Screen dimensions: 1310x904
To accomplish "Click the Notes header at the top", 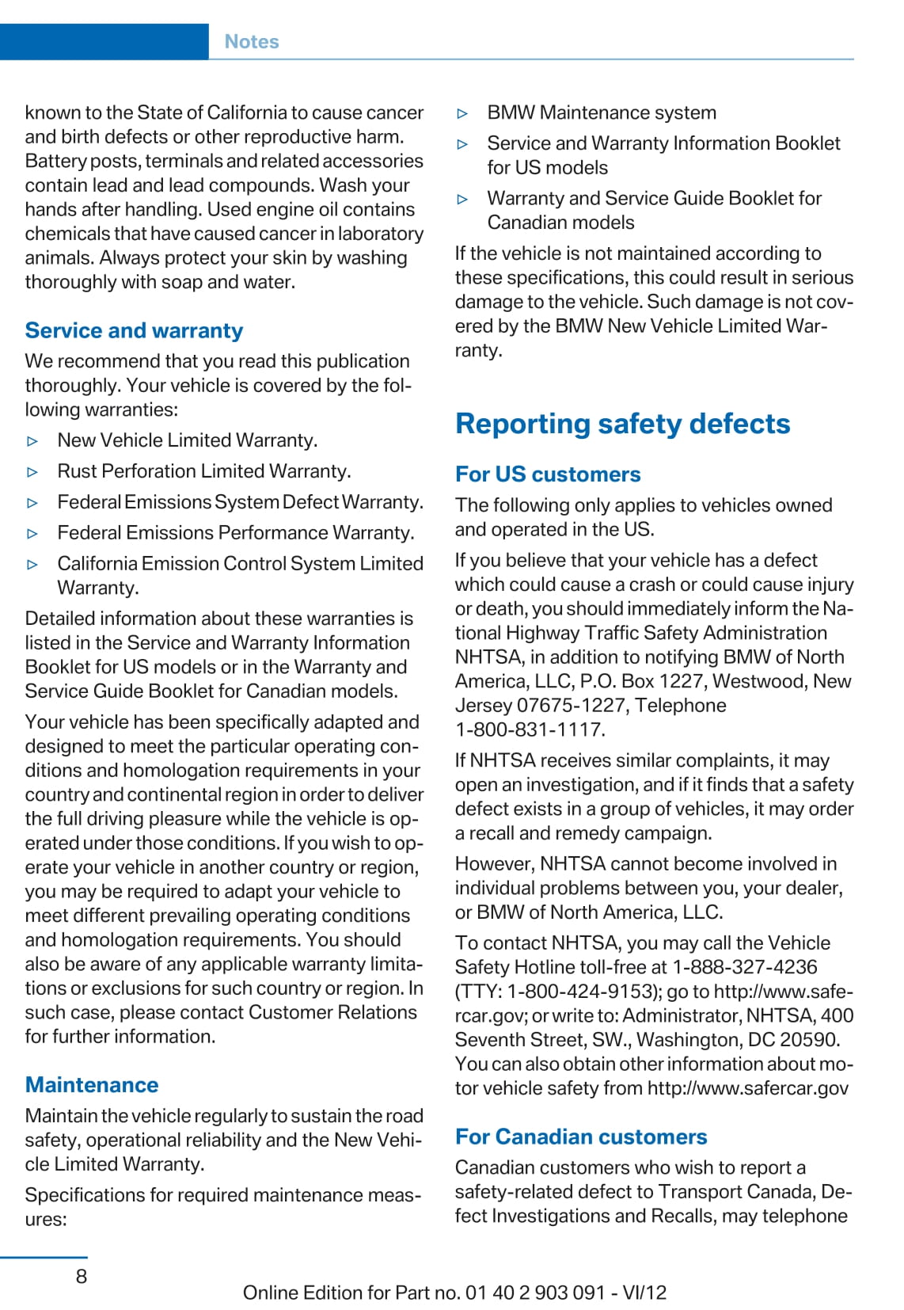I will coord(252,42).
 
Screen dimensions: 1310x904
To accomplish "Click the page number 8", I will coord(82,1276).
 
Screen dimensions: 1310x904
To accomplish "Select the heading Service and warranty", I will coord(134,330).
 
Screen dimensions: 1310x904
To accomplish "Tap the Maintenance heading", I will coord(92,1084).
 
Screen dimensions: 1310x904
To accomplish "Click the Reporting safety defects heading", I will coord(622,424).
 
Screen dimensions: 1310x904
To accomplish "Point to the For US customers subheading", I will coord(548,474).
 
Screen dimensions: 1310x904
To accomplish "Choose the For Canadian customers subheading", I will coord(581,1137).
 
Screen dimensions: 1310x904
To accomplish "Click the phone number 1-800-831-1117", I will coord(530,729).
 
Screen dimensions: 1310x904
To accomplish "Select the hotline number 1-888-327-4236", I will coord(745,967).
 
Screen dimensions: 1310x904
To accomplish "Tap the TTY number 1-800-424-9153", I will coord(579,992).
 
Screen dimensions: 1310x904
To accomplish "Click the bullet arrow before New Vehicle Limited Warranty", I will coord(32,441).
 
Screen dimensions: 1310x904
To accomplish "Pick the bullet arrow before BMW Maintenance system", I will coord(463,114).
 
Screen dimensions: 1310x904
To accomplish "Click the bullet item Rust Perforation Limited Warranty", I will coord(204,471).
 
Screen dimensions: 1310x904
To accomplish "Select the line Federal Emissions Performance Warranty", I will coord(236,533).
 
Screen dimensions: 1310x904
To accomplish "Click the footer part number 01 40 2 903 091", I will coord(535,1293).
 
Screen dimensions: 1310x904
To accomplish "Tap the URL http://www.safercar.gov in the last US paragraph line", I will coord(748,1088).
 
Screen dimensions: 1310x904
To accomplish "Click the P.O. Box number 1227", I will coord(681,681).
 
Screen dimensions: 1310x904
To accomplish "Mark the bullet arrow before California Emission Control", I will coord(32,565).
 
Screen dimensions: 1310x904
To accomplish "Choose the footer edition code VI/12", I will coord(644,1293).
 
